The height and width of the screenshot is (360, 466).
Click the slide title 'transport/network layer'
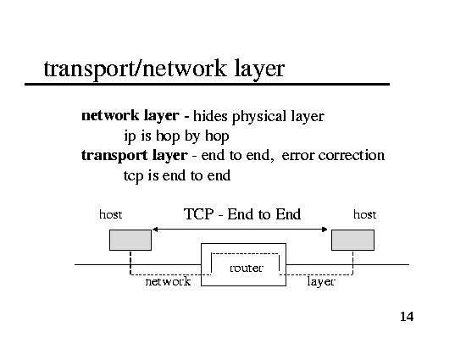click(x=164, y=69)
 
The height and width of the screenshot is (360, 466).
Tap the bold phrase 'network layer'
click(x=130, y=116)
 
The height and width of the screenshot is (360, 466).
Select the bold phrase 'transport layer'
click(x=135, y=155)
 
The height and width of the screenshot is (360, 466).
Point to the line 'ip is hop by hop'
click(x=176, y=136)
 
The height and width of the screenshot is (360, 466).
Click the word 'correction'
click(x=352, y=155)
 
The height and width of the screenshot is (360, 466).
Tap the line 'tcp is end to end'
click(x=177, y=175)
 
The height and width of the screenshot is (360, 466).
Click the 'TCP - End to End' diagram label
click(x=242, y=214)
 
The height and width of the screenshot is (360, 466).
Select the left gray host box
click(x=130, y=240)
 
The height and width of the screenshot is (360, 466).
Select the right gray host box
click(x=352, y=240)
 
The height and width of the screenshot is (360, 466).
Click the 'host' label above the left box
click(x=110, y=214)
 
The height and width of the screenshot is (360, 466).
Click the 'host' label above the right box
click(x=364, y=214)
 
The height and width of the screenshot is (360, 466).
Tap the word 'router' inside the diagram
click(x=247, y=268)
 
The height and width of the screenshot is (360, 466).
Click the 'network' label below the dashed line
click(x=168, y=281)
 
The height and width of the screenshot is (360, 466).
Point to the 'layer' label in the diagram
click(x=321, y=282)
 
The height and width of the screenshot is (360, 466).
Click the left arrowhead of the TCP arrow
click(x=154, y=230)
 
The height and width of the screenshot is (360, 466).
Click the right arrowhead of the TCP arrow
click(x=325, y=230)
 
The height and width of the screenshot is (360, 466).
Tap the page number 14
click(x=407, y=317)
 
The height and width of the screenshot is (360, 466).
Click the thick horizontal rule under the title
click(x=207, y=85)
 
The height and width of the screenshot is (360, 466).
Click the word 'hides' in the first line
click(x=210, y=116)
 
